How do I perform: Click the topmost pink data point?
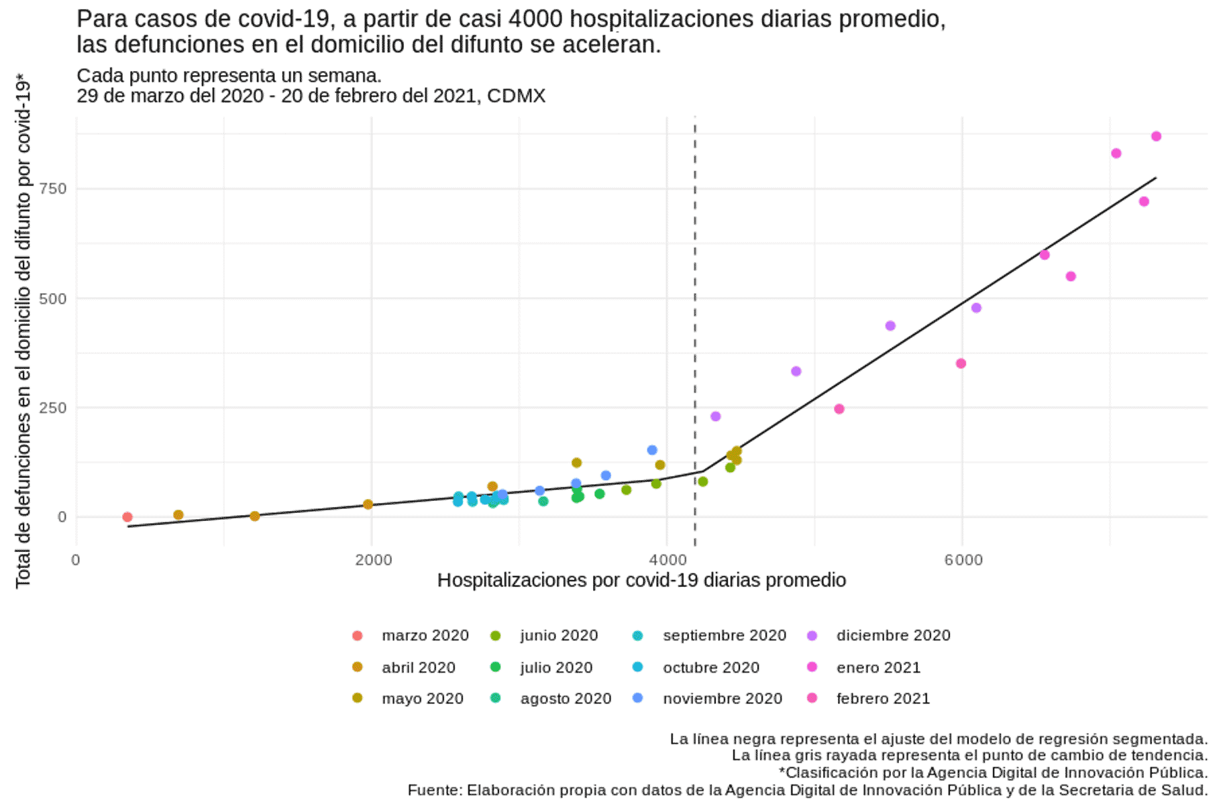coord(1156,137)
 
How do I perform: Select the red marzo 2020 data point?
coord(127,517)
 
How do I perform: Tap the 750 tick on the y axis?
coord(53,188)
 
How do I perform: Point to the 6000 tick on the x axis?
coord(963,559)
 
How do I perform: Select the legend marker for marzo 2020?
coord(358,636)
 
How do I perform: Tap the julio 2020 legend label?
coord(556,667)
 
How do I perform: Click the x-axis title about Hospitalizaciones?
coord(641,580)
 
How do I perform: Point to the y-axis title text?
coord(23,332)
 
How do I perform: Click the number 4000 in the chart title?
coord(535,19)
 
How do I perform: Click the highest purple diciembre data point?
coord(976,308)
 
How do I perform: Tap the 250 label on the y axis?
coord(53,408)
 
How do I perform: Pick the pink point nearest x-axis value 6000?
coord(961,363)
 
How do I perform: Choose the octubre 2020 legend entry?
coord(710,667)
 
